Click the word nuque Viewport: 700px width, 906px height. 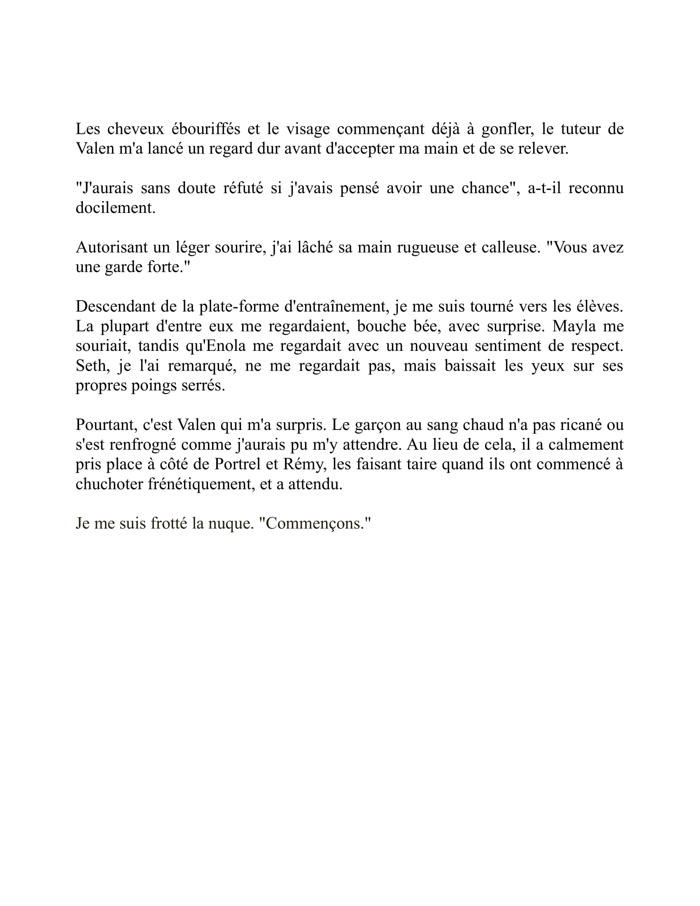pos(231,523)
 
